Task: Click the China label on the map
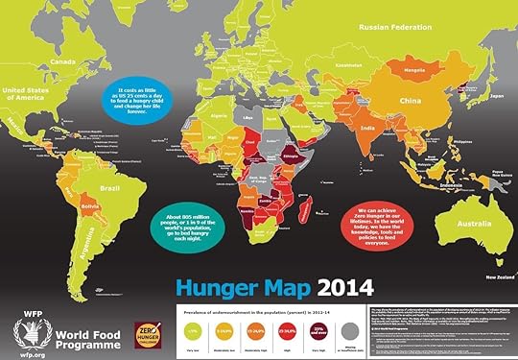pyautogui.click(x=412, y=100)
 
